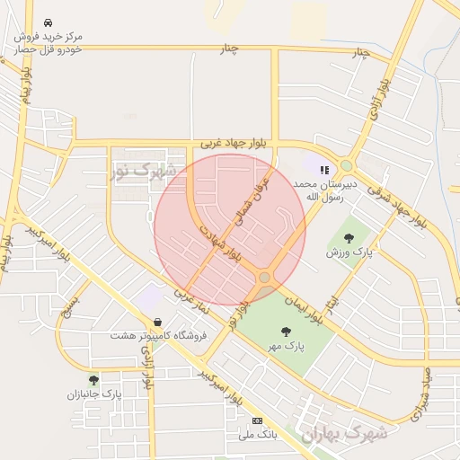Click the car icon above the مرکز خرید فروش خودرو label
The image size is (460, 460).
[x=46, y=22]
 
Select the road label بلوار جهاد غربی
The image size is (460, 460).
[x=221, y=142]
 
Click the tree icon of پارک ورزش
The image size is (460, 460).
[x=349, y=238]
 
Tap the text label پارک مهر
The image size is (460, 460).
[x=288, y=345]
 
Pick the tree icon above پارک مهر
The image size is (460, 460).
[x=286, y=332]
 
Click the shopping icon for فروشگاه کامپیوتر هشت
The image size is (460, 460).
[x=158, y=322]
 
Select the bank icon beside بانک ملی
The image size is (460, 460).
[x=258, y=420]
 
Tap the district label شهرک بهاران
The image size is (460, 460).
[x=343, y=433]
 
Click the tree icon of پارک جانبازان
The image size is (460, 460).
[x=93, y=380]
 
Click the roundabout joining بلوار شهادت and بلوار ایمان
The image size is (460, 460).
[x=263, y=278]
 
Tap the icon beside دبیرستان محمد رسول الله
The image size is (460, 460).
[x=324, y=168]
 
